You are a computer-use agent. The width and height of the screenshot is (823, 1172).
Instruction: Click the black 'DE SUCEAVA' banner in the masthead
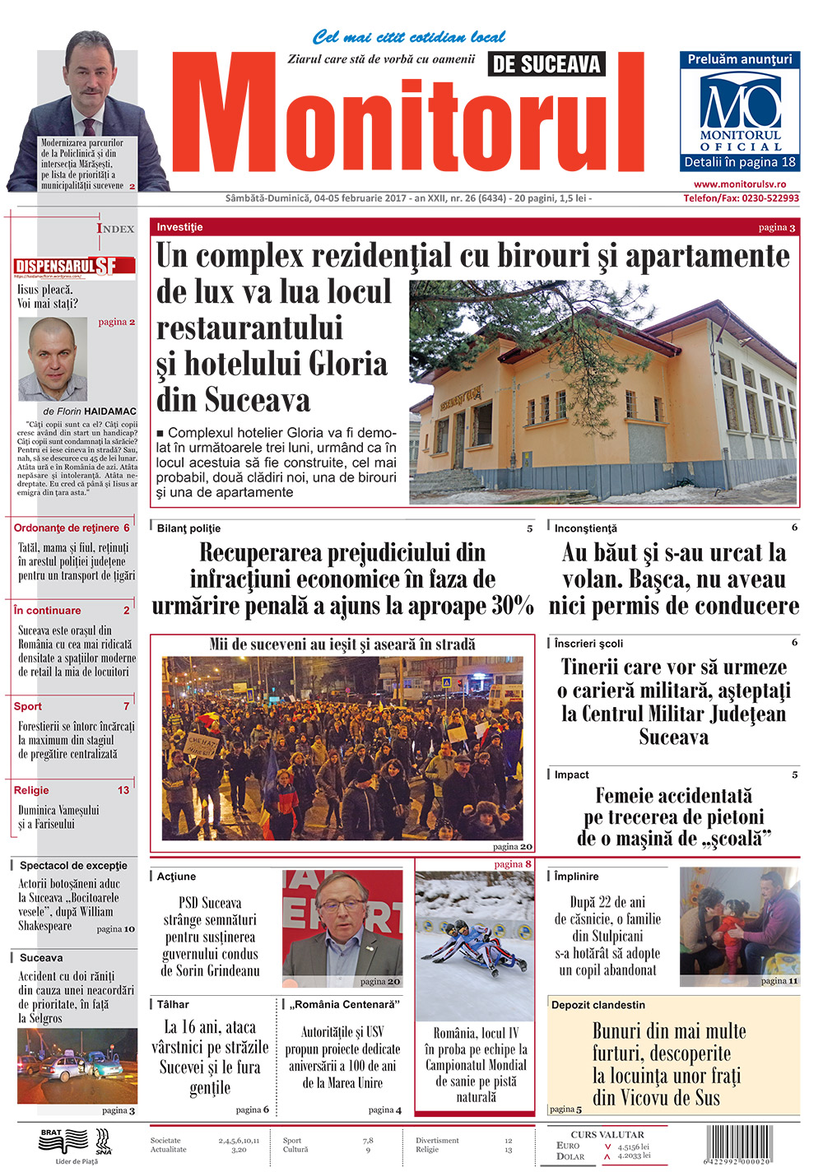pos(546,64)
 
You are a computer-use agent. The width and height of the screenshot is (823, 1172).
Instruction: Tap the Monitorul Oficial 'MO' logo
pos(740,103)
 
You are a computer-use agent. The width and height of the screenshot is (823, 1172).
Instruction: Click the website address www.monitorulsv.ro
pos(739,184)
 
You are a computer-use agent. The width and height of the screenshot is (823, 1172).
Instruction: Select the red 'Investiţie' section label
pos(179,227)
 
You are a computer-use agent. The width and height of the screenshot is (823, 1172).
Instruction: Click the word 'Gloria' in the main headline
pos(346,364)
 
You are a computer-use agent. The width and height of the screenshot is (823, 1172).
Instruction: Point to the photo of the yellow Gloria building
pos(603,392)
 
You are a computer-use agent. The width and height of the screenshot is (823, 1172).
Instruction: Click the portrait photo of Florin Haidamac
pos(53,360)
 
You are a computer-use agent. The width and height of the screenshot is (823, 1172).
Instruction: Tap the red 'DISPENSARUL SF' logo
pos(67,266)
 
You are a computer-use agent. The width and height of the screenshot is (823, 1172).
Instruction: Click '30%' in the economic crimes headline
pos(513,606)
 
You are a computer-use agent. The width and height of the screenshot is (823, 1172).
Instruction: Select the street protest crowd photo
pos(342,747)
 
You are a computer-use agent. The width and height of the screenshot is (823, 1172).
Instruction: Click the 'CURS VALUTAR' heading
pos(607,1134)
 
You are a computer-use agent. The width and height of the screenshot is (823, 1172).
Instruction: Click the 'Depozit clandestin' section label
pos(598,1005)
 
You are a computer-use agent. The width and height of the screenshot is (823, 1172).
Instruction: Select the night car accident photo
pos(77,1066)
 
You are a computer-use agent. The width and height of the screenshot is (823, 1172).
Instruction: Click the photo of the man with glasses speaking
pos(342,928)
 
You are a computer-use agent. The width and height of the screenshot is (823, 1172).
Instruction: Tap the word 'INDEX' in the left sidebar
pos(115,229)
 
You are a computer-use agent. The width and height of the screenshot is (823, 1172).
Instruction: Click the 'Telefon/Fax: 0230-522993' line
pos(741,198)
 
